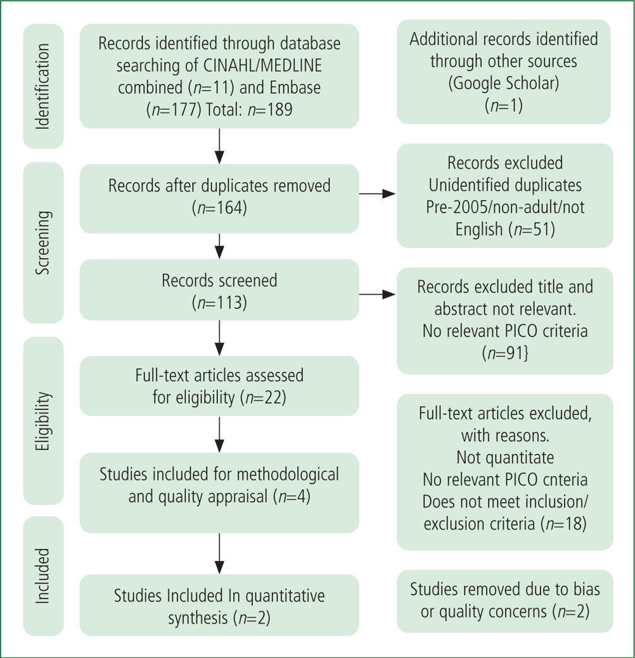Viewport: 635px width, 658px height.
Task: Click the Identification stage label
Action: (42, 86)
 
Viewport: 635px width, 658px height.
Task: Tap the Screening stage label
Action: (42, 242)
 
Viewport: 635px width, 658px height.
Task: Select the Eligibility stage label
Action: (42, 421)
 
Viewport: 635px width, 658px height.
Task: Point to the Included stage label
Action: (42, 576)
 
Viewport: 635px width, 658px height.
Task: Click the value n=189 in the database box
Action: (270, 110)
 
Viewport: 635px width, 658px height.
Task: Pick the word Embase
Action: (295, 88)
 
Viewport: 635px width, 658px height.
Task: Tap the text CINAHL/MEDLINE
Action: (263, 65)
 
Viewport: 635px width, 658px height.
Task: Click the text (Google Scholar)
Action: (504, 83)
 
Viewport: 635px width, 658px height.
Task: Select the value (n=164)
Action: (219, 207)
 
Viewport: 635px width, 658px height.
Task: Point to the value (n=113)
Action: (219, 303)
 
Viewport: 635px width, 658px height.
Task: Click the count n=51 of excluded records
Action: (532, 230)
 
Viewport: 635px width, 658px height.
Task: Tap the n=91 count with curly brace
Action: (505, 353)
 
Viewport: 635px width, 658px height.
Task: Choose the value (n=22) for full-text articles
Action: (264, 397)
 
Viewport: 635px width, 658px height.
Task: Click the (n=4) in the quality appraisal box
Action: (292, 496)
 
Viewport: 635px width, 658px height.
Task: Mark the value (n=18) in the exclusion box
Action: (563, 523)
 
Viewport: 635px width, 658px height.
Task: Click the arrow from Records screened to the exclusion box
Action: (377, 294)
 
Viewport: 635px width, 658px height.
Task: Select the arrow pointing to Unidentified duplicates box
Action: (377, 194)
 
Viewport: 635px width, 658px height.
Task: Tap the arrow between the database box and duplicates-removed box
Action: (219, 146)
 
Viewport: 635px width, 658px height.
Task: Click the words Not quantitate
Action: (505, 457)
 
